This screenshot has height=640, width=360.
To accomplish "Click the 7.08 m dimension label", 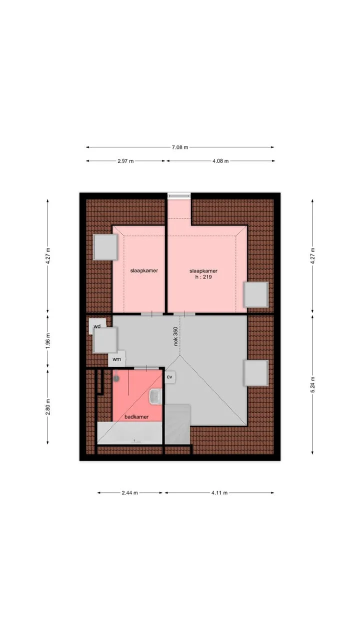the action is pyautogui.click(x=179, y=147).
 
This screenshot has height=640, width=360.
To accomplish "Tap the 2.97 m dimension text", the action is pyautogui.click(x=125, y=161).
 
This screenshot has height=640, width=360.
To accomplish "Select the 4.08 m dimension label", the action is pyautogui.click(x=220, y=161).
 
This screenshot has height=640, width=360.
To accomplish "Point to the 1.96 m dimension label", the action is pyautogui.click(x=48, y=340).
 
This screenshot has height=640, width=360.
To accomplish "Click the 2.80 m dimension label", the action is pyautogui.click(x=48, y=407).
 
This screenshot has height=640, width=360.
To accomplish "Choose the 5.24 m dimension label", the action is pyautogui.click(x=312, y=384).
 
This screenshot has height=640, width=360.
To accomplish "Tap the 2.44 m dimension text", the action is pyautogui.click(x=129, y=493).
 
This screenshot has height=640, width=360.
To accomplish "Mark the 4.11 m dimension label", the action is pyautogui.click(x=219, y=493).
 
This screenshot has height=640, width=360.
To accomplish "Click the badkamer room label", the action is pyautogui.click(x=136, y=417).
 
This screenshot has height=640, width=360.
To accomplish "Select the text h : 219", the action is pyautogui.click(x=203, y=277).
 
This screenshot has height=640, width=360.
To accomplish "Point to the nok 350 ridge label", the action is pyautogui.click(x=175, y=336).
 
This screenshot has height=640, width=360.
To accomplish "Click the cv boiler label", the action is pyautogui.click(x=169, y=377).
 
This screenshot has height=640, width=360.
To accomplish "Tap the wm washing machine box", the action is pyautogui.click(x=116, y=359).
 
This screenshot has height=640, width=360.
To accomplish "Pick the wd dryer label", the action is pyautogui.click(x=97, y=326).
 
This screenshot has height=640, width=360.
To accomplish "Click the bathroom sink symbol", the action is pyautogui.click(x=155, y=396).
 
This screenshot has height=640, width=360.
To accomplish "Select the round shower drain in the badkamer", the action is pyautogui.click(x=116, y=379).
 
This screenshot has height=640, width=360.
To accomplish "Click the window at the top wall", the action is pyautogui.click(x=179, y=195).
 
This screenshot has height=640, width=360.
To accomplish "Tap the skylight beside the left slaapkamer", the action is pyautogui.click(x=105, y=247).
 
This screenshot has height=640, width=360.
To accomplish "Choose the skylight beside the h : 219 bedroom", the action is pyautogui.click(x=256, y=294).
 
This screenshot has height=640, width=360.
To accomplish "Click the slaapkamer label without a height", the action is pyautogui.click(x=144, y=270).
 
